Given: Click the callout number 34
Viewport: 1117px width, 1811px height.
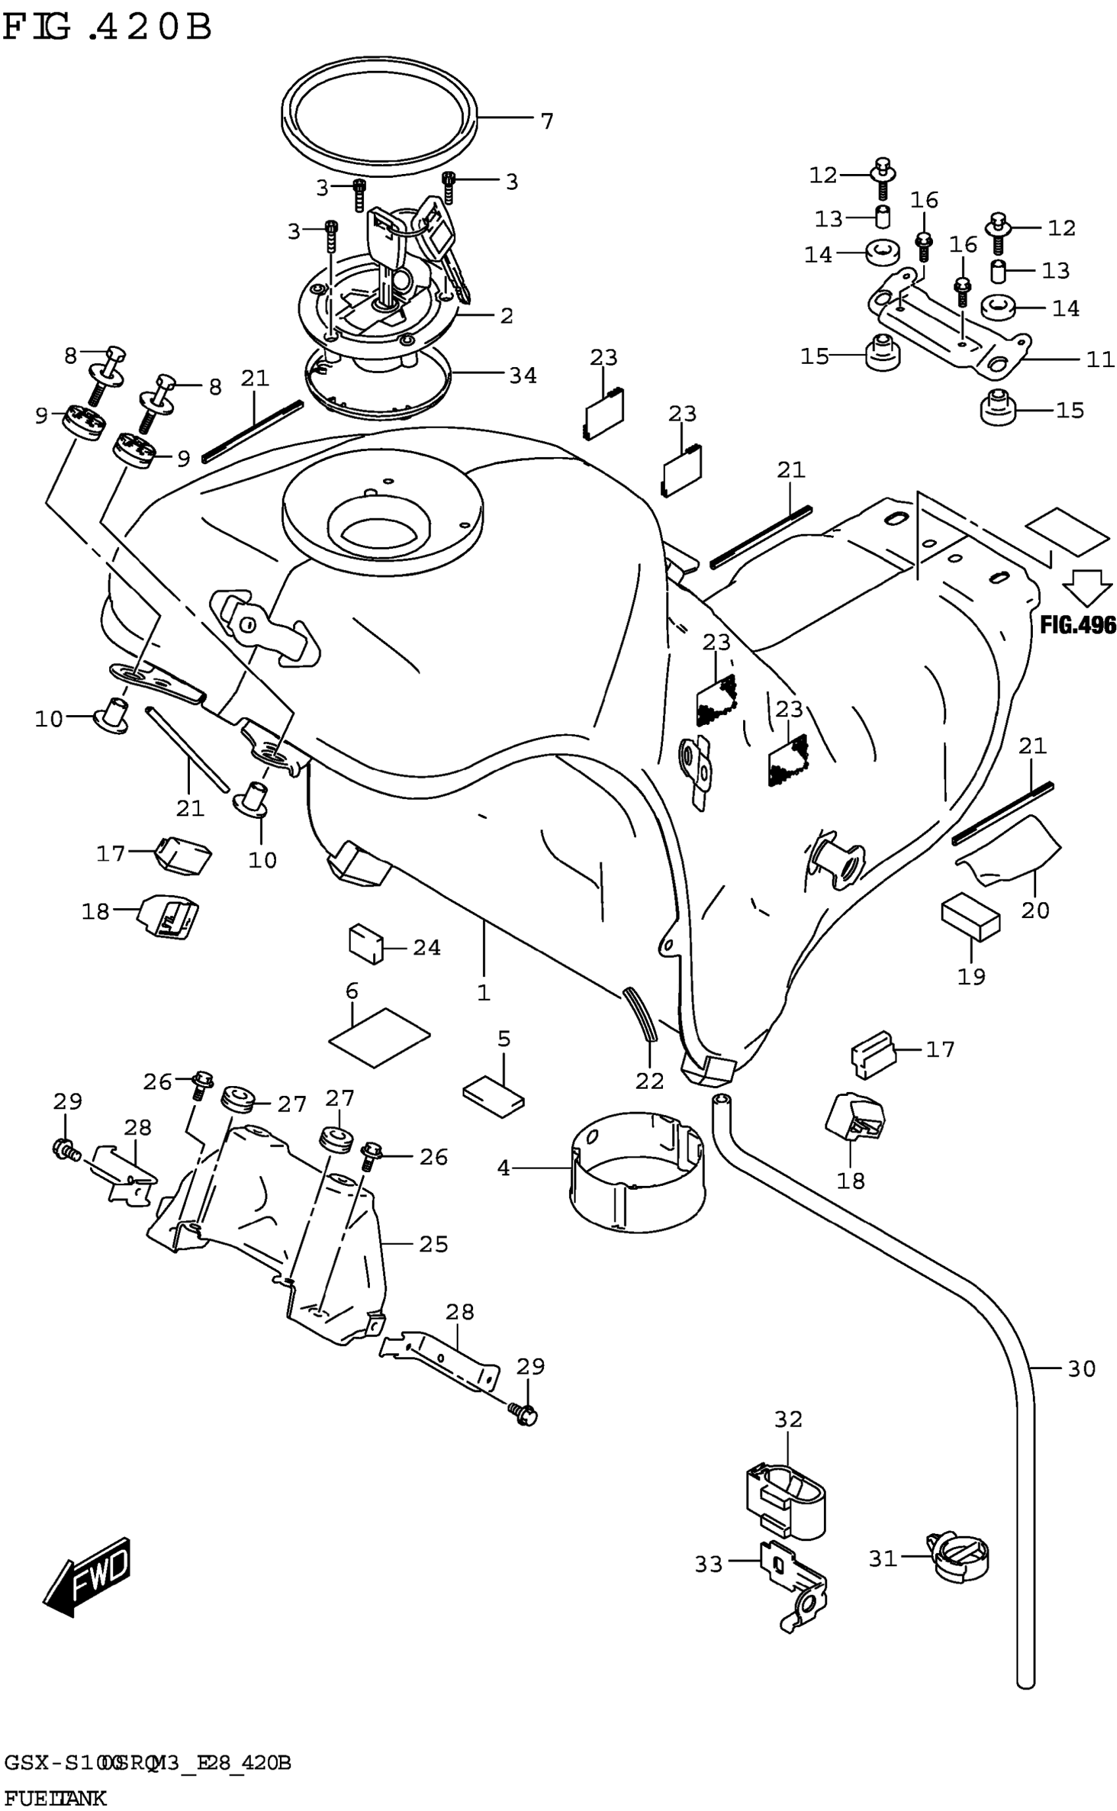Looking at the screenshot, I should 522,376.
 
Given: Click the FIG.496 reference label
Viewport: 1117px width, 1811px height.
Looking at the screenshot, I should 1077,625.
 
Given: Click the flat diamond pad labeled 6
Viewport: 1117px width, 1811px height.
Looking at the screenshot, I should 379,1037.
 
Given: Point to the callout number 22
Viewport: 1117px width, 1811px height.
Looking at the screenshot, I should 649,1080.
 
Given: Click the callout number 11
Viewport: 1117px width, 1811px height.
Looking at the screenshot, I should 1100,360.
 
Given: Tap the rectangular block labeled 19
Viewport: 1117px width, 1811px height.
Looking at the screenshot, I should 970,918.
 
